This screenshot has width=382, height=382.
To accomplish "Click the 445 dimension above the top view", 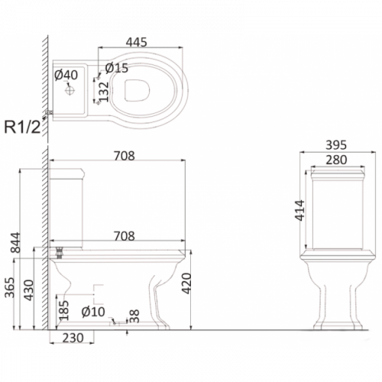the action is click(x=136, y=42).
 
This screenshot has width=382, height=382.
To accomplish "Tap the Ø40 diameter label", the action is click(x=66, y=75).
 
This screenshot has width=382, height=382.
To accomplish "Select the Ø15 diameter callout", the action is click(x=117, y=68).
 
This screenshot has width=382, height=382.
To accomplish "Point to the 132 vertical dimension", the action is click(x=104, y=92).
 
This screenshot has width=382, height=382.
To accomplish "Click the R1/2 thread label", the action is click(x=22, y=127).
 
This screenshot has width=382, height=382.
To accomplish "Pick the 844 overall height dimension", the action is click(x=15, y=242).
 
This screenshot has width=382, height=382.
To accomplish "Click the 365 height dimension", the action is click(x=10, y=287).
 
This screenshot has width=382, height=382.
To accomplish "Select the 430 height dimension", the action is click(x=29, y=290).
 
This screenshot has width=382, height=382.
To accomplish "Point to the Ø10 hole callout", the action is click(x=93, y=312).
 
